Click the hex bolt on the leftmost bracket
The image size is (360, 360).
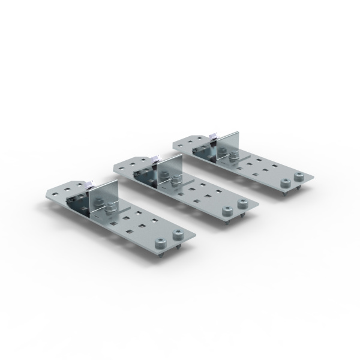click(110, 209)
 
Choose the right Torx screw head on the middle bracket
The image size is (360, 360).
click(242, 204)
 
